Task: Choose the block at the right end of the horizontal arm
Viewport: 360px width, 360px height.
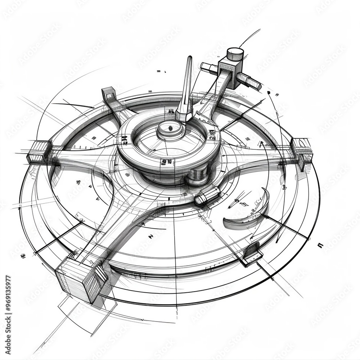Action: pos(302,149)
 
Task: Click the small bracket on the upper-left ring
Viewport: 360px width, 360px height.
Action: pos(109,94)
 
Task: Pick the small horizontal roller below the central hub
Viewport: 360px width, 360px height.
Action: pos(207,195)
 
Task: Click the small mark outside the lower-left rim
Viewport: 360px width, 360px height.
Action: pos(23,256)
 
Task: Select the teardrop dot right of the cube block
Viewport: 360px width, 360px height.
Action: pos(269,93)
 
